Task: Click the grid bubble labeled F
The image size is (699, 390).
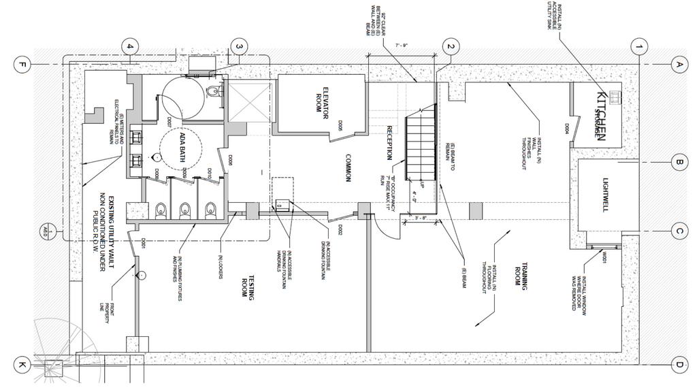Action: click(x=22, y=65)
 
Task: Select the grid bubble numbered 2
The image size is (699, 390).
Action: click(x=449, y=47)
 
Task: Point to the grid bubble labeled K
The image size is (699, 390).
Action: click(x=22, y=365)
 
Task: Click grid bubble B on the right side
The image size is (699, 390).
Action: click(x=678, y=162)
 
